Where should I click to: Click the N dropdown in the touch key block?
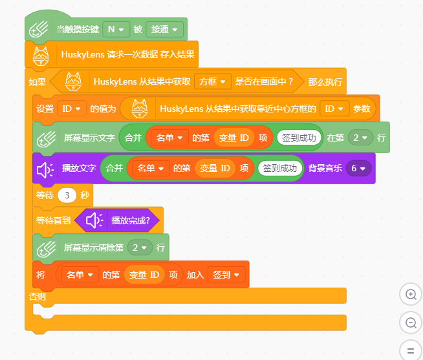116,29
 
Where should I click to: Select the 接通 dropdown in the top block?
164,29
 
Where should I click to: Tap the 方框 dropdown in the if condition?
213,81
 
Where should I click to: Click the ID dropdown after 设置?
72,109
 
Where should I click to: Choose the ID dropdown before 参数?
334,109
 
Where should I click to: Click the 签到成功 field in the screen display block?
299,138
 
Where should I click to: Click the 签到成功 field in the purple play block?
280,168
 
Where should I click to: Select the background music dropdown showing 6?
358,168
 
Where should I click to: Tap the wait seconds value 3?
67,195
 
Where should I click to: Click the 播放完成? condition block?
117,220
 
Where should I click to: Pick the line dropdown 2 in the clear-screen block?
140,248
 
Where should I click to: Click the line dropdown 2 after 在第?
360,138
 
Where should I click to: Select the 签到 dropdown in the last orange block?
226,275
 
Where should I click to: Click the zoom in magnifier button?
411,294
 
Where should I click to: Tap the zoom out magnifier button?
411,323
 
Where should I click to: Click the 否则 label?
38,297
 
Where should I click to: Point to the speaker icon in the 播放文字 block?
45,170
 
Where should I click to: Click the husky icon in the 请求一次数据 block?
41,56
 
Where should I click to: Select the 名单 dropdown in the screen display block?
169,138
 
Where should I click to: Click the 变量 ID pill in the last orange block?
144,275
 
